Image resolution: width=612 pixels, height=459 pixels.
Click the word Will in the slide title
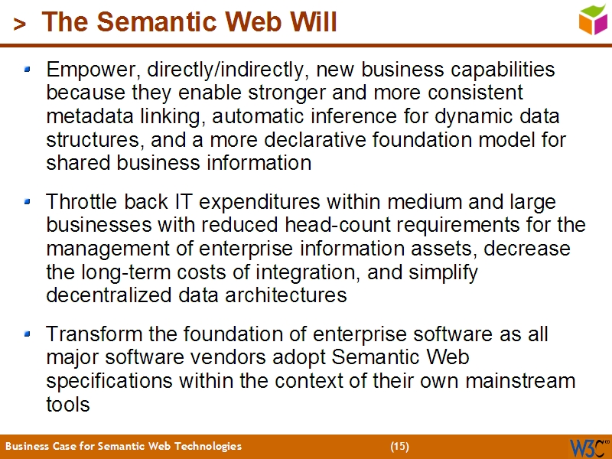(309, 23)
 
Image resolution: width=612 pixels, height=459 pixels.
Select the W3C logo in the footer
(588, 447)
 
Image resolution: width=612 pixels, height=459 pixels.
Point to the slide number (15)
(399, 446)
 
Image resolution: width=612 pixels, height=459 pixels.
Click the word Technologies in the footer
(207, 446)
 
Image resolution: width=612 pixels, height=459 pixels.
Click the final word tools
(68, 405)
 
